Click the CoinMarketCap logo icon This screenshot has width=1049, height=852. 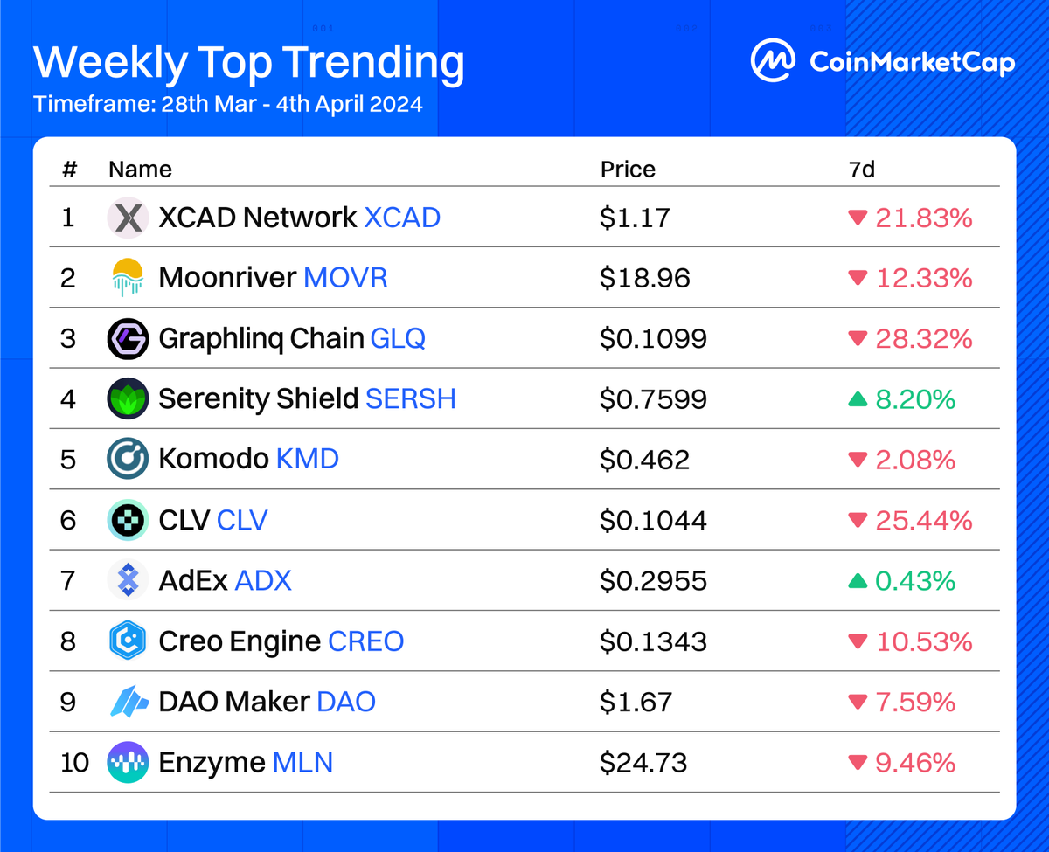point(774,61)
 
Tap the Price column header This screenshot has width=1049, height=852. point(628,169)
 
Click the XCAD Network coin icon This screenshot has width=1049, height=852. point(129,218)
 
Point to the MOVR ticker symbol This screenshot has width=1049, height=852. point(345,278)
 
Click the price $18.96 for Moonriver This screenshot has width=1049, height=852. point(645,278)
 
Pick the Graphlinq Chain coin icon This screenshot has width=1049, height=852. point(129,338)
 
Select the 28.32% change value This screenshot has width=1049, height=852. point(924,338)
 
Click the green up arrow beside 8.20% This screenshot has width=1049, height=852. point(858,399)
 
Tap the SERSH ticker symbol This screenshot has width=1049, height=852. point(411,399)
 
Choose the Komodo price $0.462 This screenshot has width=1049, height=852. point(644,460)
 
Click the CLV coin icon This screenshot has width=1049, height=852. point(129,520)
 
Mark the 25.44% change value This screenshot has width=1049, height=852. point(924,521)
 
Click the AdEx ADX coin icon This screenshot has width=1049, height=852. point(129,580)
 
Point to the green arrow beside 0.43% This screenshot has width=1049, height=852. point(858,580)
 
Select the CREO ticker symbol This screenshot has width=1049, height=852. point(365,641)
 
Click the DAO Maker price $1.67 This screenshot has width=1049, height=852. point(636,702)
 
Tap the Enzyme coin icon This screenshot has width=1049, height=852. point(129,763)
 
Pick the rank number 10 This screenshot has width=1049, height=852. point(75,763)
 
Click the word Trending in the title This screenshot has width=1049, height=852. point(375,64)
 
